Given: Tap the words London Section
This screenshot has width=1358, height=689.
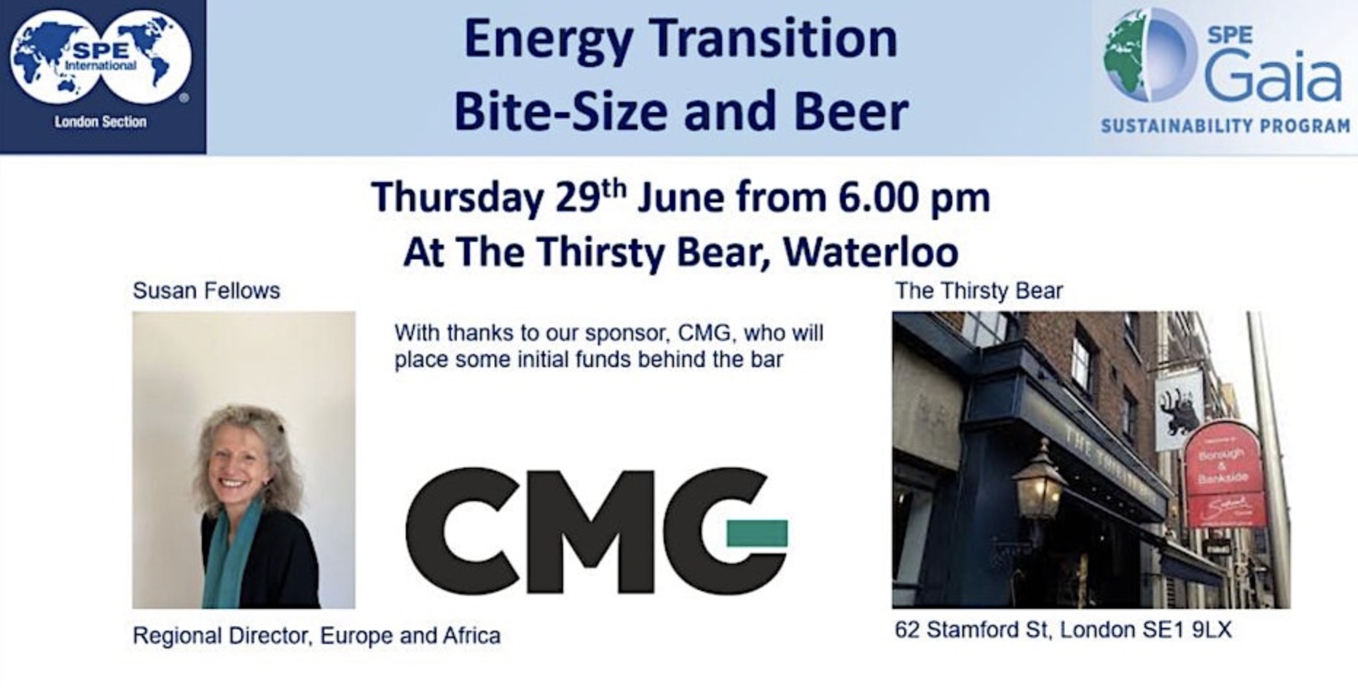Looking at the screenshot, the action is [x=101, y=122].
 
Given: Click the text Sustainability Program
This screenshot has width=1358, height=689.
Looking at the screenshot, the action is [x=1225, y=127].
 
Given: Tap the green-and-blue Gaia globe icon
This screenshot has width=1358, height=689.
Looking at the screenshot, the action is [x=1150, y=55].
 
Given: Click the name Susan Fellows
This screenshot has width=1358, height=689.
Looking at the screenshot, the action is [x=206, y=291].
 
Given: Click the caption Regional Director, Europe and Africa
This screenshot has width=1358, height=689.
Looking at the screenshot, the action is [x=316, y=637].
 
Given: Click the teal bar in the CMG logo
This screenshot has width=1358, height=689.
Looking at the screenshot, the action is [x=757, y=534].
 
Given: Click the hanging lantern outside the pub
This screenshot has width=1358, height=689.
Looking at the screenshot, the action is [x=1038, y=481].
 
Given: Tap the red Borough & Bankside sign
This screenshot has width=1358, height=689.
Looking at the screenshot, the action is [x=1223, y=474].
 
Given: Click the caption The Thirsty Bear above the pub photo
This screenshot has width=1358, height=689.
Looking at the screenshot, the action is [x=979, y=291].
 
